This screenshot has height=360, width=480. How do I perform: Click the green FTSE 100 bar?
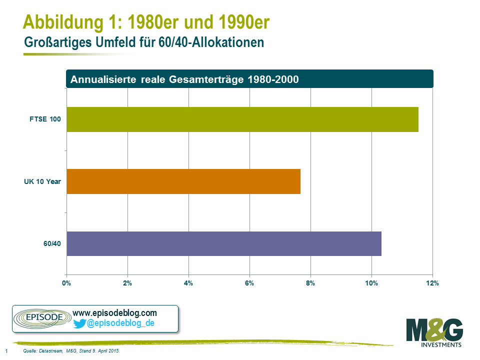click(242, 119)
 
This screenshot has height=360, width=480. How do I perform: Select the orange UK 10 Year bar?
click(183, 181)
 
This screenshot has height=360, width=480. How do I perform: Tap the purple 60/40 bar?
click(223, 243)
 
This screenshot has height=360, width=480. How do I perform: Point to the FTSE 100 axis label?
click(45, 119)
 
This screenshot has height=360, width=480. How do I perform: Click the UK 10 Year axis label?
click(42, 181)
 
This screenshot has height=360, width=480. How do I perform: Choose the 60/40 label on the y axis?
click(52, 244)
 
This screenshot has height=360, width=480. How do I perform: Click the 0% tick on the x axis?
click(66, 283)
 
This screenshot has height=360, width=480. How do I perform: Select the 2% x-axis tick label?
click(127, 283)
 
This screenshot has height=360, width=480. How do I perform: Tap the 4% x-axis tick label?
click(188, 283)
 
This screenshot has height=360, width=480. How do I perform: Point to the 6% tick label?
click(249, 283)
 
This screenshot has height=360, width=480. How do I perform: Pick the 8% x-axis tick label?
click(310, 283)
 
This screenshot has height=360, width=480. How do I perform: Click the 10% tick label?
click(371, 283)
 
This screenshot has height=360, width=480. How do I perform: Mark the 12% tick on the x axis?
click(432, 283)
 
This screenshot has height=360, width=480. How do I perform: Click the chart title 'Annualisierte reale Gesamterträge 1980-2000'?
click(185, 79)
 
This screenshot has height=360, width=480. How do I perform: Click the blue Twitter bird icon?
click(79, 324)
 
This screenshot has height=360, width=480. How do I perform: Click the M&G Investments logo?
click(434, 333)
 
